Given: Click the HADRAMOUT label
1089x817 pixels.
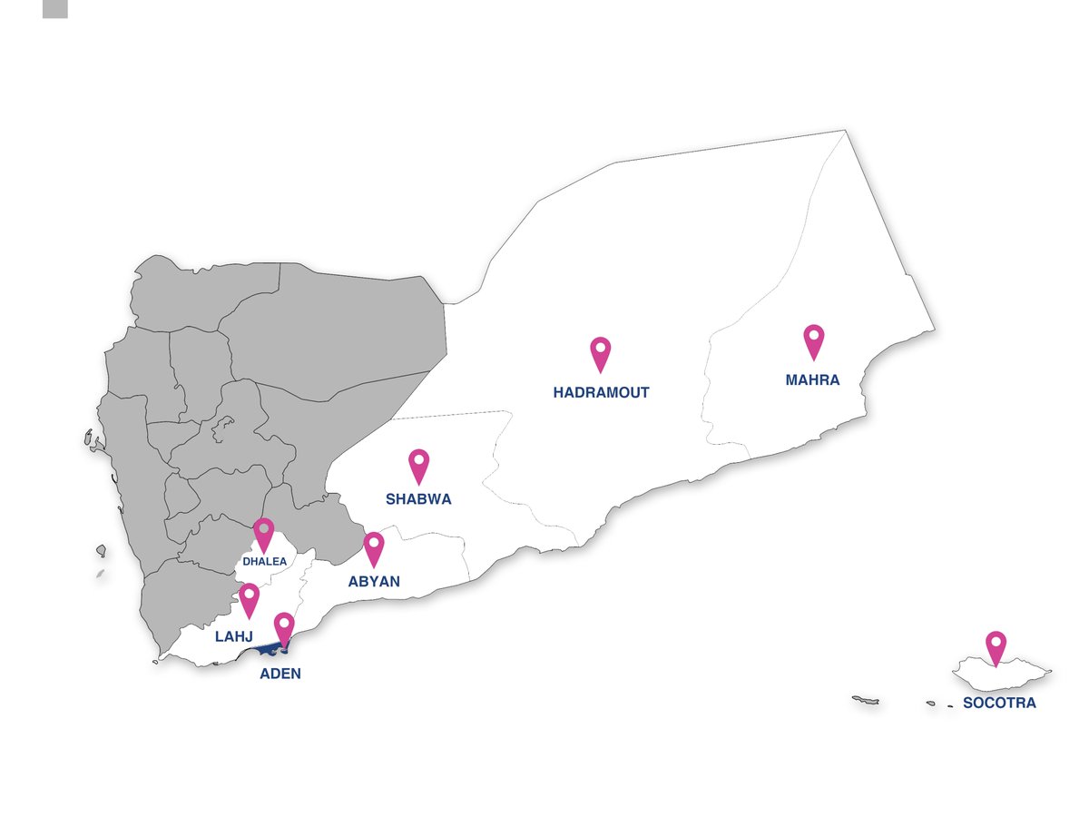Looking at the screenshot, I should pos(601,393).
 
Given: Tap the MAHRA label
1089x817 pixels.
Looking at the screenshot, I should pos(812,380).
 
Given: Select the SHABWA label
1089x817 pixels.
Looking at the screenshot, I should pos(418,499).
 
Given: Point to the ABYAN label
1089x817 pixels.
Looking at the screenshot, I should pos(374,582).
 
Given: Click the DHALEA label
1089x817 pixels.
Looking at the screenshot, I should pos(264,562).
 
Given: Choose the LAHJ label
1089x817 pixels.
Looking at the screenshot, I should pos(233,637).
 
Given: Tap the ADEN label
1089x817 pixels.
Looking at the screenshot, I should pos(280,674).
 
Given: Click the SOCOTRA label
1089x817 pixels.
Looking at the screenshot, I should pos(999,703).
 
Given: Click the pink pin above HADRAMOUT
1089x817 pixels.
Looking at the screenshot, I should pos(600,353).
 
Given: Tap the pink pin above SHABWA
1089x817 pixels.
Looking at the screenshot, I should pos(418,465).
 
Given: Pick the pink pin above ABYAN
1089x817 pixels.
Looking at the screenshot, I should pos(373,548).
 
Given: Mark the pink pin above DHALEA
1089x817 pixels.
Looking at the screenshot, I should pos(263,534).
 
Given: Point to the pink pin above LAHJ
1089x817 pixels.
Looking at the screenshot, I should pos(249,599).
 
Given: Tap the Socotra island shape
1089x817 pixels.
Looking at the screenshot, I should pos(1016,677).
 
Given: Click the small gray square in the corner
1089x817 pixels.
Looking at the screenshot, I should pos(55,8).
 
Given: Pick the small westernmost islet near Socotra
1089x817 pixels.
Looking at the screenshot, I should pos(865,700).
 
